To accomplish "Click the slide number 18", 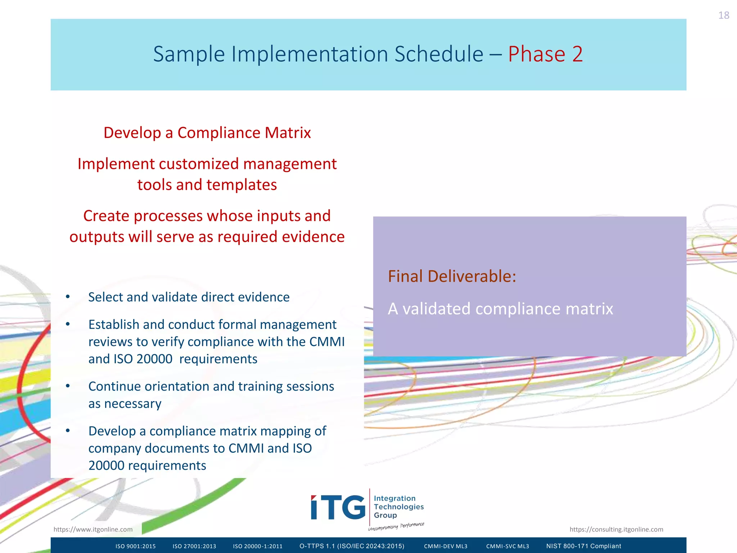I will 723,15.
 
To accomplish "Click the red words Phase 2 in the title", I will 545,54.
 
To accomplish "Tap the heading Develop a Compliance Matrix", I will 207,133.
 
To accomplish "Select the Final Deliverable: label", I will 452,276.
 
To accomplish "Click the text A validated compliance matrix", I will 500,309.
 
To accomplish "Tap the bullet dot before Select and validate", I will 68,297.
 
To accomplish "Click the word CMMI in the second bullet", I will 327,342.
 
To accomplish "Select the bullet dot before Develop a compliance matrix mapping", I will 68,431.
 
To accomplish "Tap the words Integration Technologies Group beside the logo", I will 398,507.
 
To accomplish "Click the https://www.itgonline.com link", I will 93,529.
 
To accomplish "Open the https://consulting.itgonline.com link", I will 616,529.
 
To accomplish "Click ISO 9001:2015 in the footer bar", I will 135,546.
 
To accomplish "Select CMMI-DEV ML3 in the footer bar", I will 446,546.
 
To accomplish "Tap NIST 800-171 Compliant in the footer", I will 583,546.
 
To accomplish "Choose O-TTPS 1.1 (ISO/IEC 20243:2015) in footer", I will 352,546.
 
